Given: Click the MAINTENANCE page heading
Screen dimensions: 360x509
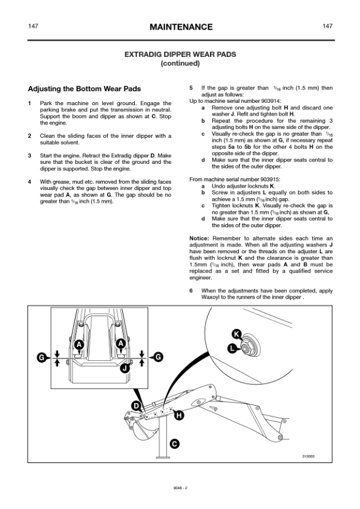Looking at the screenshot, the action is (181, 27).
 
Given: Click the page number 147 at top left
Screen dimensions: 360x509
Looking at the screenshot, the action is (33, 26).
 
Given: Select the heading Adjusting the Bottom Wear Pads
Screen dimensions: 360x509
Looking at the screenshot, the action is (85, 89).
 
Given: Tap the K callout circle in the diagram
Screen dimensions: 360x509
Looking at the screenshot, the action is (237, 334).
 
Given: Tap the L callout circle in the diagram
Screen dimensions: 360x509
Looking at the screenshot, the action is (232, 349).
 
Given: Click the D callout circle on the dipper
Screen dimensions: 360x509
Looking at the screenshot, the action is (136, 406).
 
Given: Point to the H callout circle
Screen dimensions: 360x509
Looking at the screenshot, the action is (179, 415).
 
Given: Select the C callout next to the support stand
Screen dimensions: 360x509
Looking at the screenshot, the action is (174, 444).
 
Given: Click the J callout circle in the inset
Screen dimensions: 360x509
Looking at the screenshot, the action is (125, 368).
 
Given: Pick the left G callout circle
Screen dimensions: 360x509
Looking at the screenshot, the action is (42, 357).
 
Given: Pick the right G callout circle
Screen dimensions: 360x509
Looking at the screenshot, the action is (158, 357).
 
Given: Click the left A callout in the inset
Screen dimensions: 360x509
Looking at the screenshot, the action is (79, 344).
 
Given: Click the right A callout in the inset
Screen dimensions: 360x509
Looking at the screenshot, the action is (121, 343).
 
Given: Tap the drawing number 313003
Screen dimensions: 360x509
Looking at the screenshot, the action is (309, 456).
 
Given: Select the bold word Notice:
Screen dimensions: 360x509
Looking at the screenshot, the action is (199, 238).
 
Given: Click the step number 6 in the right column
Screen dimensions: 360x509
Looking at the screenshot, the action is (191, 291).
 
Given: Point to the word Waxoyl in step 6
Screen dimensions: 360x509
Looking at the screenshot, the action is (210, 297).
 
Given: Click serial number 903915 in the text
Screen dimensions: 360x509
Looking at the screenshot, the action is (270, 179).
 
